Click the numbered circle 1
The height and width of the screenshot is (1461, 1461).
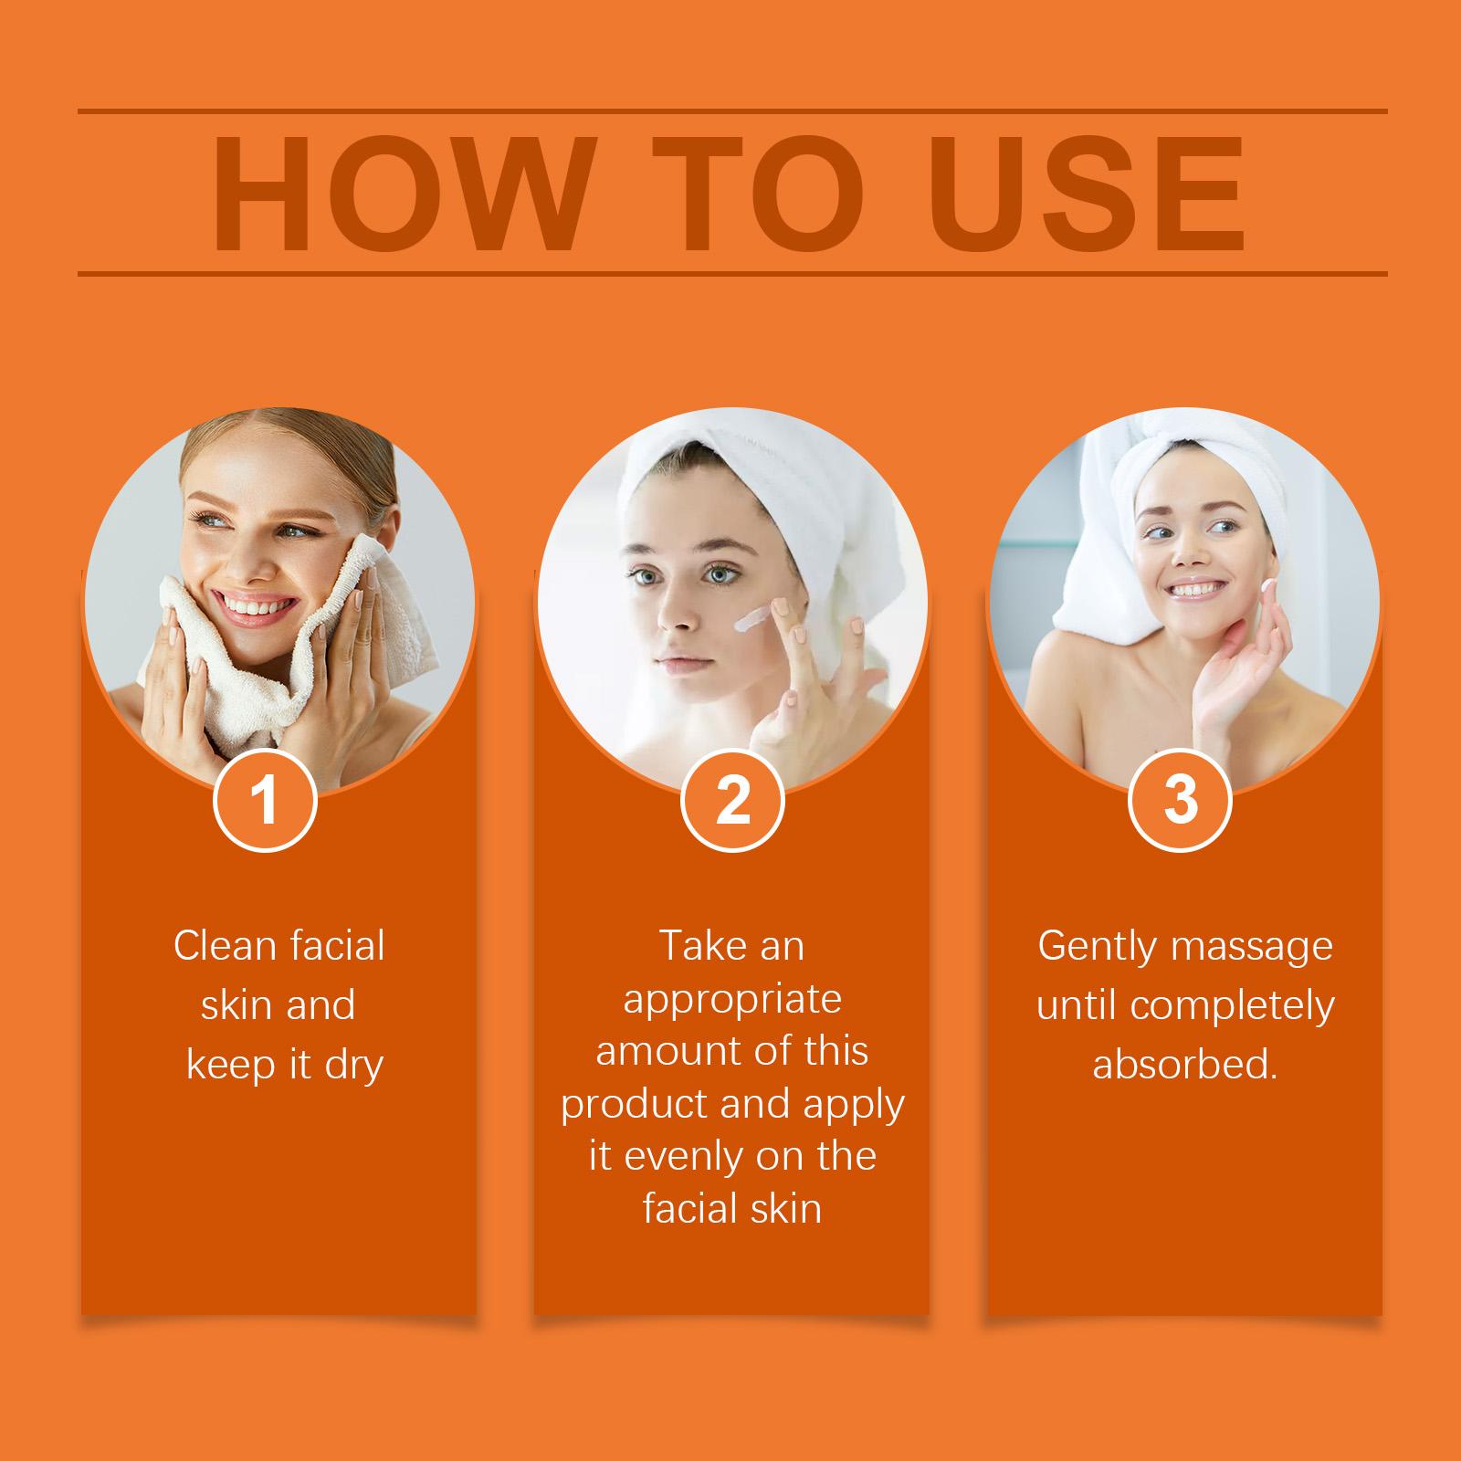[265, 800]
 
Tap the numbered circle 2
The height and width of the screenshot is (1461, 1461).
[732, 800]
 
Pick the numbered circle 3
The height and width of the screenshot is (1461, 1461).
[1180, 800]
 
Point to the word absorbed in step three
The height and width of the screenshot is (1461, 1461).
[1184, 1065]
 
